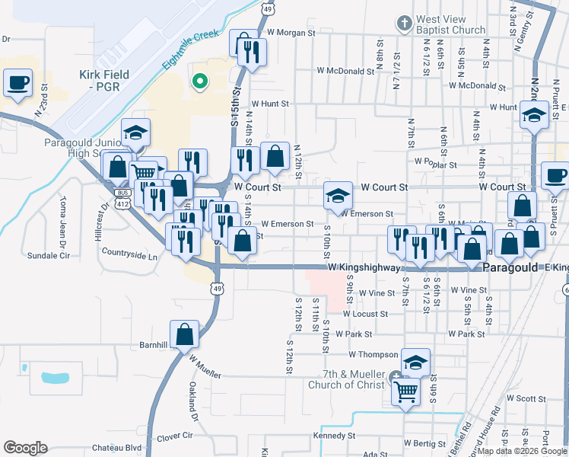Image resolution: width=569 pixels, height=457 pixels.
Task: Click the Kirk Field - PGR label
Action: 104,81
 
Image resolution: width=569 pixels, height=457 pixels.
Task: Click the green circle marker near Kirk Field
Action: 200,80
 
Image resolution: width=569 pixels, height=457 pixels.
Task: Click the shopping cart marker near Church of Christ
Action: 405,391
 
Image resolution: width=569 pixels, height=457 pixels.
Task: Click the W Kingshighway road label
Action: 364,268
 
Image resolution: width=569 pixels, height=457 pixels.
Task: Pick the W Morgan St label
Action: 291,33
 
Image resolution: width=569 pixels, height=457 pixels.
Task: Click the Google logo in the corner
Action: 25,447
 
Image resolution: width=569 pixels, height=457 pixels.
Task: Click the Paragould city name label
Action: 513,268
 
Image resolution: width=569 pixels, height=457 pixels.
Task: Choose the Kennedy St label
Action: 335,436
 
